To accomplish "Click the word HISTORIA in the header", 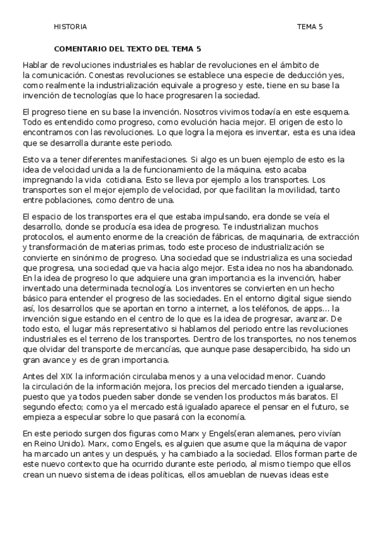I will pos(70,27).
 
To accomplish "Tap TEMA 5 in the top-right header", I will pos(310,27).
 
